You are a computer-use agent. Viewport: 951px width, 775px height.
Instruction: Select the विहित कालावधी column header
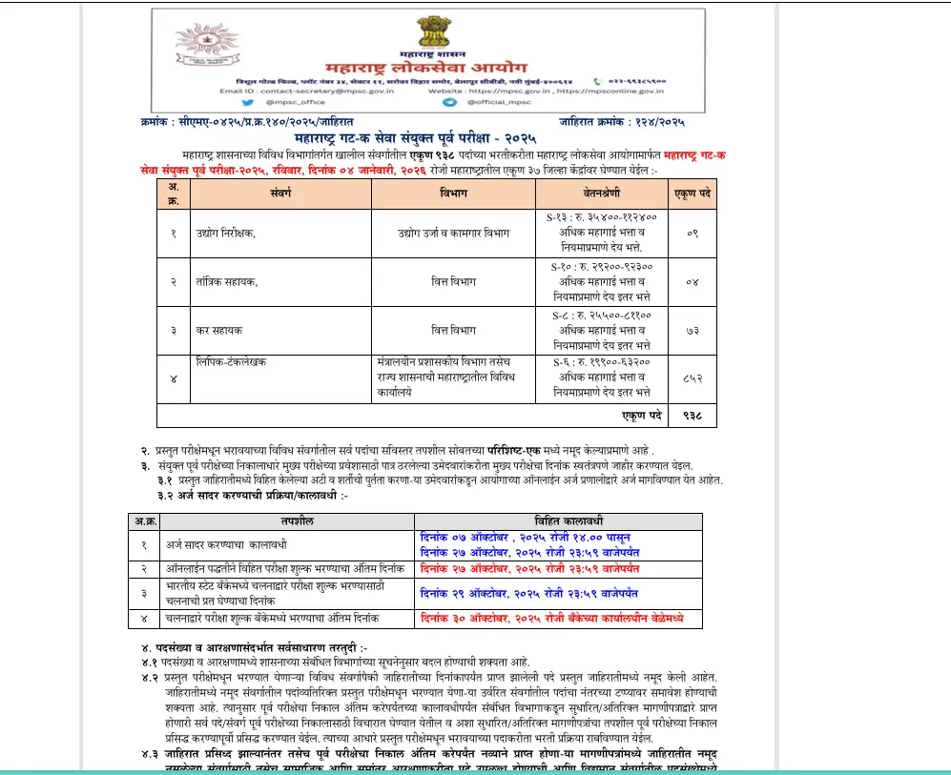click(x=557, y=521)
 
